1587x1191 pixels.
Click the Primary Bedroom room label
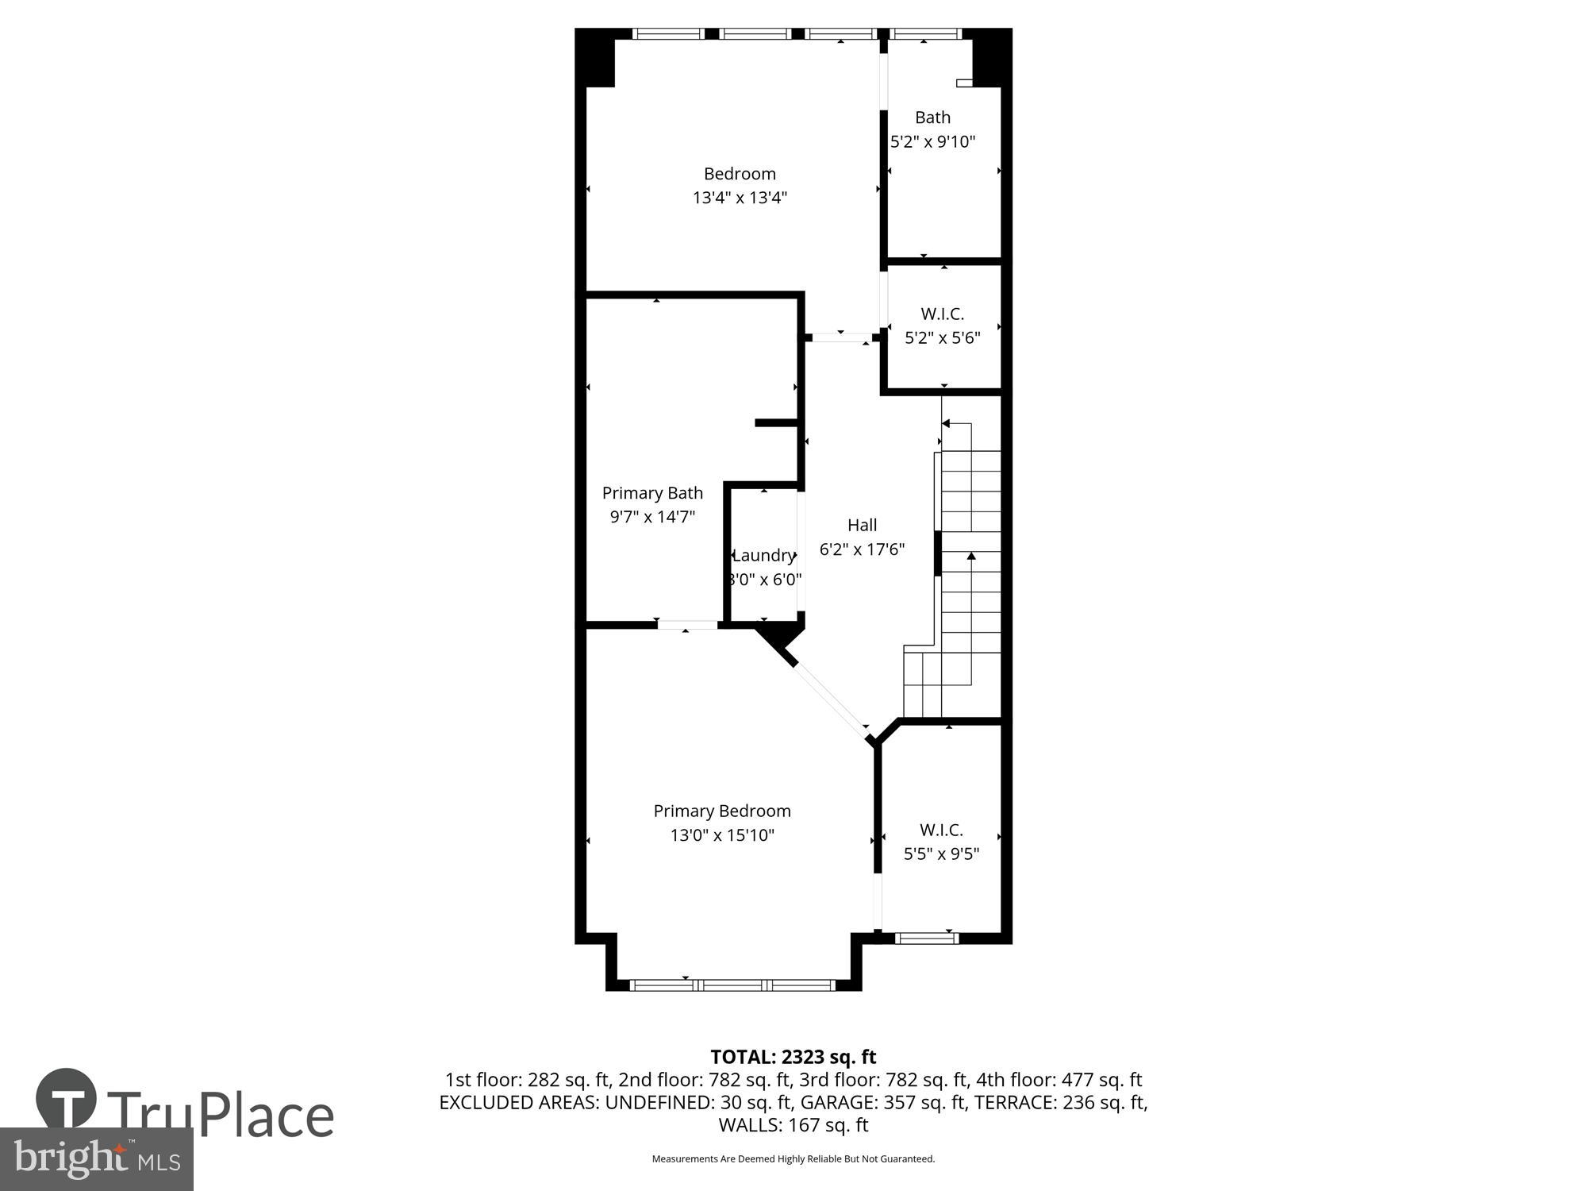721,811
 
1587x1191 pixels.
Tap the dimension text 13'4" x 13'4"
740,198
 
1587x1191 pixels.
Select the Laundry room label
763,555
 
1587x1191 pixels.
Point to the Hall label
862,525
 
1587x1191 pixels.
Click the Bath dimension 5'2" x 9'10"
932,142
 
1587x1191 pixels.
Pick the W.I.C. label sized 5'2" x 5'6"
942,314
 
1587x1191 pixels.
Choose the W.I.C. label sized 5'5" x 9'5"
941,830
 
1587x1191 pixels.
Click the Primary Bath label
652,493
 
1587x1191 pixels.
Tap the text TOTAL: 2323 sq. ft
793,1057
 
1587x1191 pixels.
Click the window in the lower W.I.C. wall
926,939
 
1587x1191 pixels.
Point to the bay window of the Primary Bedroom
732,985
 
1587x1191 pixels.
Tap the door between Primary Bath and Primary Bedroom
687,625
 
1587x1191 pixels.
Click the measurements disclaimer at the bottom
793,1159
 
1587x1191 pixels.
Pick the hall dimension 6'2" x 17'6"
862,549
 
